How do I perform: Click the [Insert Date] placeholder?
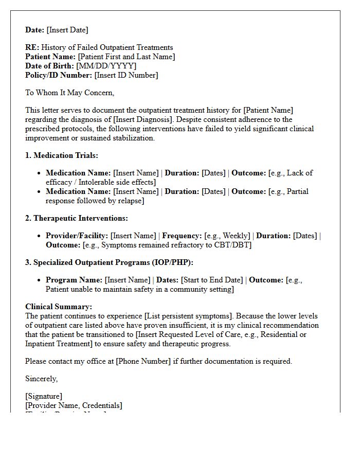click(x=67, y=30)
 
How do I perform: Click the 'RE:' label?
click(x=32, y=47)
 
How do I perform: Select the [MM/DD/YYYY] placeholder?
click(x=106, y=66)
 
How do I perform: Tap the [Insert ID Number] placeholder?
click(x=126, y=75)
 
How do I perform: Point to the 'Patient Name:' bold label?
click(x=50, y=57)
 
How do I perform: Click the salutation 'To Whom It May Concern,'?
click(x=69, y=93)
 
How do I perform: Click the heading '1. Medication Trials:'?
click(x=62, y=155)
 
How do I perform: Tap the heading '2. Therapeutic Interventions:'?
click(x=77, y=218)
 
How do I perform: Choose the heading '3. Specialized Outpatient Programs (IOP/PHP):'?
click(x=109, y=262)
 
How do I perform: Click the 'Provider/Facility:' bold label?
click(x=77, y=236)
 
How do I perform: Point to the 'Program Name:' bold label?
click(x=74, y=280)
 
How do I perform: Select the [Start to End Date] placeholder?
click(x=211, y=280)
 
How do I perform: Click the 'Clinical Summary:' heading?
click(x=59, y=307)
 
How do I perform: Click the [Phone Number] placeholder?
click(x=143, y=361)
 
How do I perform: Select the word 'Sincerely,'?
click(x=42, y=379)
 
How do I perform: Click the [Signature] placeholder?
click(x=44, y=396)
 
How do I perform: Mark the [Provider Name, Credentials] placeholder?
click(x=74, y=405)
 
